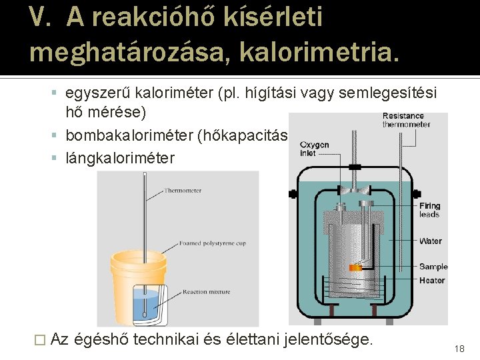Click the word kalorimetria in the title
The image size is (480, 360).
324,51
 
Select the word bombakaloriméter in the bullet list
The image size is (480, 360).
129,136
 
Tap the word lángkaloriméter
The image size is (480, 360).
120,158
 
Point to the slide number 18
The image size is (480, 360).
459,349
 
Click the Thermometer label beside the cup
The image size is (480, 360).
183,191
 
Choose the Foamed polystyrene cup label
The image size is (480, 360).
212,243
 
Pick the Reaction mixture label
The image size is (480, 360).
206,291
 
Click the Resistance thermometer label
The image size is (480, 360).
406,120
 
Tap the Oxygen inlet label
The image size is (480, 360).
314,149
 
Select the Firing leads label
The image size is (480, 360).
429,210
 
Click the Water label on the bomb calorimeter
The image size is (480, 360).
431,241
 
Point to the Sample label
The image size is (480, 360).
433,267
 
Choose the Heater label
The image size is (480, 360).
432,280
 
